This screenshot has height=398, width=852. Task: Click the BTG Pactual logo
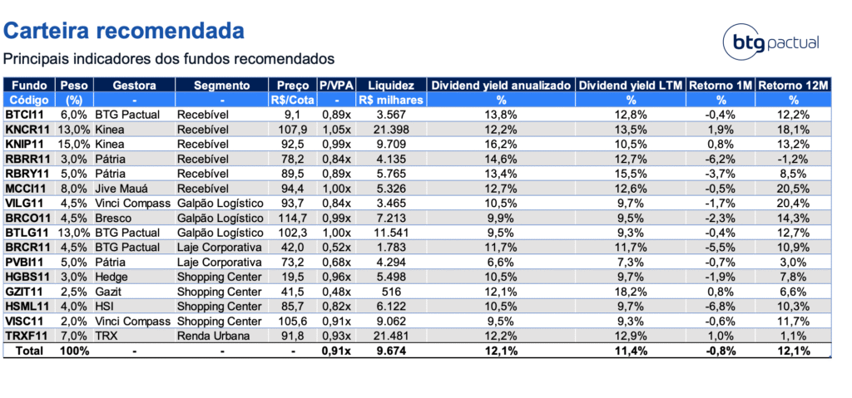[x=771, y=42]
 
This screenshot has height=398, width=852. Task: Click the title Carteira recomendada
[x=124, y=31]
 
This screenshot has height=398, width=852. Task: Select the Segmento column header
[x=221, y=86]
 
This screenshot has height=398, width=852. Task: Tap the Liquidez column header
[x=391, y=86]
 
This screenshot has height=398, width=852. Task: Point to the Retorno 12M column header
[x=793, y=86]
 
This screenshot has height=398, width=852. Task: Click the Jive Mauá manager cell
[x=121, y=188]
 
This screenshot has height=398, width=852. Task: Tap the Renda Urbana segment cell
[x=214, y=337]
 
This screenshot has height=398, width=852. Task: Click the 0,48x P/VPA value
[x=336, y=291]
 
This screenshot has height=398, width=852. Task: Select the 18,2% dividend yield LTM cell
[x=631, y=291]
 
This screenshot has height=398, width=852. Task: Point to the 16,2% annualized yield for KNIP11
[x=501, y=144]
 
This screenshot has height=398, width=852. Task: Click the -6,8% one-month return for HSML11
[x=721, y=306]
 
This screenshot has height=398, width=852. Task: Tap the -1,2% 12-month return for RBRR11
[x=794, y=158]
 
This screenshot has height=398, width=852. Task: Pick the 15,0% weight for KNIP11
[x=75, y=144]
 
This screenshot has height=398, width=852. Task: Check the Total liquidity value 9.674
[x=391, y=351]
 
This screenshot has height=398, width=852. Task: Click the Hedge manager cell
[x=111, y=276]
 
